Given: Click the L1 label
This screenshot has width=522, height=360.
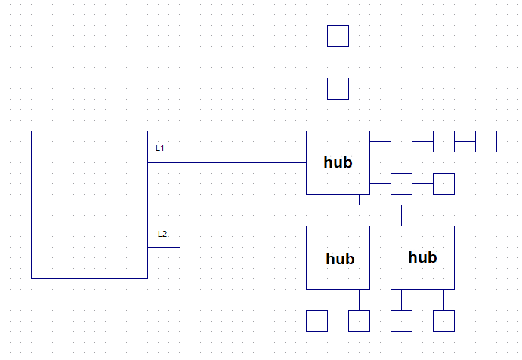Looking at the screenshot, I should (160, 148).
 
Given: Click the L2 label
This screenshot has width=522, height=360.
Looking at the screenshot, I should (162, 234).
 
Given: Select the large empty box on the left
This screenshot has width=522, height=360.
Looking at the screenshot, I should (89, 205).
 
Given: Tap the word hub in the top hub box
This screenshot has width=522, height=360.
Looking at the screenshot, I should (338, 162).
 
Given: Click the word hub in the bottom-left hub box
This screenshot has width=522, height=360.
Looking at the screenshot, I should (340, 259).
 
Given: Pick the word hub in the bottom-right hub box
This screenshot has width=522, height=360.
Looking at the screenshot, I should (422, 257).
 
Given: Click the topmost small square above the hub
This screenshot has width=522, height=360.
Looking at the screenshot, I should (338, 35).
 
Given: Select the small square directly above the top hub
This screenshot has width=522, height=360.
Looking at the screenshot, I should (338, 88).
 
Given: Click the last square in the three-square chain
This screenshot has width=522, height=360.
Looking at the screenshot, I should (486, 141).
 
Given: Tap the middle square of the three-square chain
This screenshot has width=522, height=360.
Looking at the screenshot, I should (443, 141).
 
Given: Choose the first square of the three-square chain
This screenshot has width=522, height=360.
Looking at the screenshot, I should (401, 141).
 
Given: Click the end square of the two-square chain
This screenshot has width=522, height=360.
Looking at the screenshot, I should (443, 183).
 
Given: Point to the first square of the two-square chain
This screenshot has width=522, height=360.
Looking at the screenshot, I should (401, 183).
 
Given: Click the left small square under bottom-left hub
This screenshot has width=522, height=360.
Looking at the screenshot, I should (317, 321).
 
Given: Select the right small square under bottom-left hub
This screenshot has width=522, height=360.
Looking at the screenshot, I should (359, 321).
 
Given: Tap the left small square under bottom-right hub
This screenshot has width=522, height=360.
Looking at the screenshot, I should (401, 321).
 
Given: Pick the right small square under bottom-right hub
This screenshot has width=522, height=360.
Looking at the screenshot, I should (443, 321).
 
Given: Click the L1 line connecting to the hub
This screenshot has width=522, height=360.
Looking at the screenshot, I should (227, 162).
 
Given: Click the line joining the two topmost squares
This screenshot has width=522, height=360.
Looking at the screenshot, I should (338, 62).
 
